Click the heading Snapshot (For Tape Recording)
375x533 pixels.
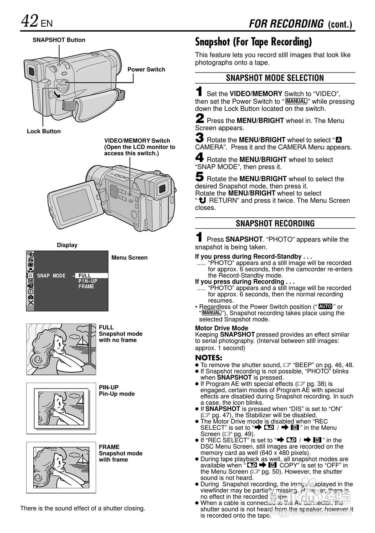pyautogui.click(x=253, y=42)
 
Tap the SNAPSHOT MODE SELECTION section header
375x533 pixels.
pyautogui.click(x=275, y=78)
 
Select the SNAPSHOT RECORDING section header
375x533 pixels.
pyautogui.click(x=275, y=223)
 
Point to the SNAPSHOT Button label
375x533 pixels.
pyautogui.click(x=59, y=40)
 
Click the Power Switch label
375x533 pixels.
pyautogui.click(x=146, y=70)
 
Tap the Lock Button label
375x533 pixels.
pyautogui.click(x=44, y=131)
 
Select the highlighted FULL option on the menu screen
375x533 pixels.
pyautogui.click(x=85, y=276)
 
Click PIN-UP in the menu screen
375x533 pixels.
pyautogui.click(x=87, y=281)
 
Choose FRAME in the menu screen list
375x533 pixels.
pyautogui.click(x=86, y=286)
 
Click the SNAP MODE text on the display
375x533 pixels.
pyautogui.click(x=51, y=276)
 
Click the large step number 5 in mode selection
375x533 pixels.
pyautogui.click(x=200, y=177)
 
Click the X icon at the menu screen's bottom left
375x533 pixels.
pyautogui.click(x=31, y=303)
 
